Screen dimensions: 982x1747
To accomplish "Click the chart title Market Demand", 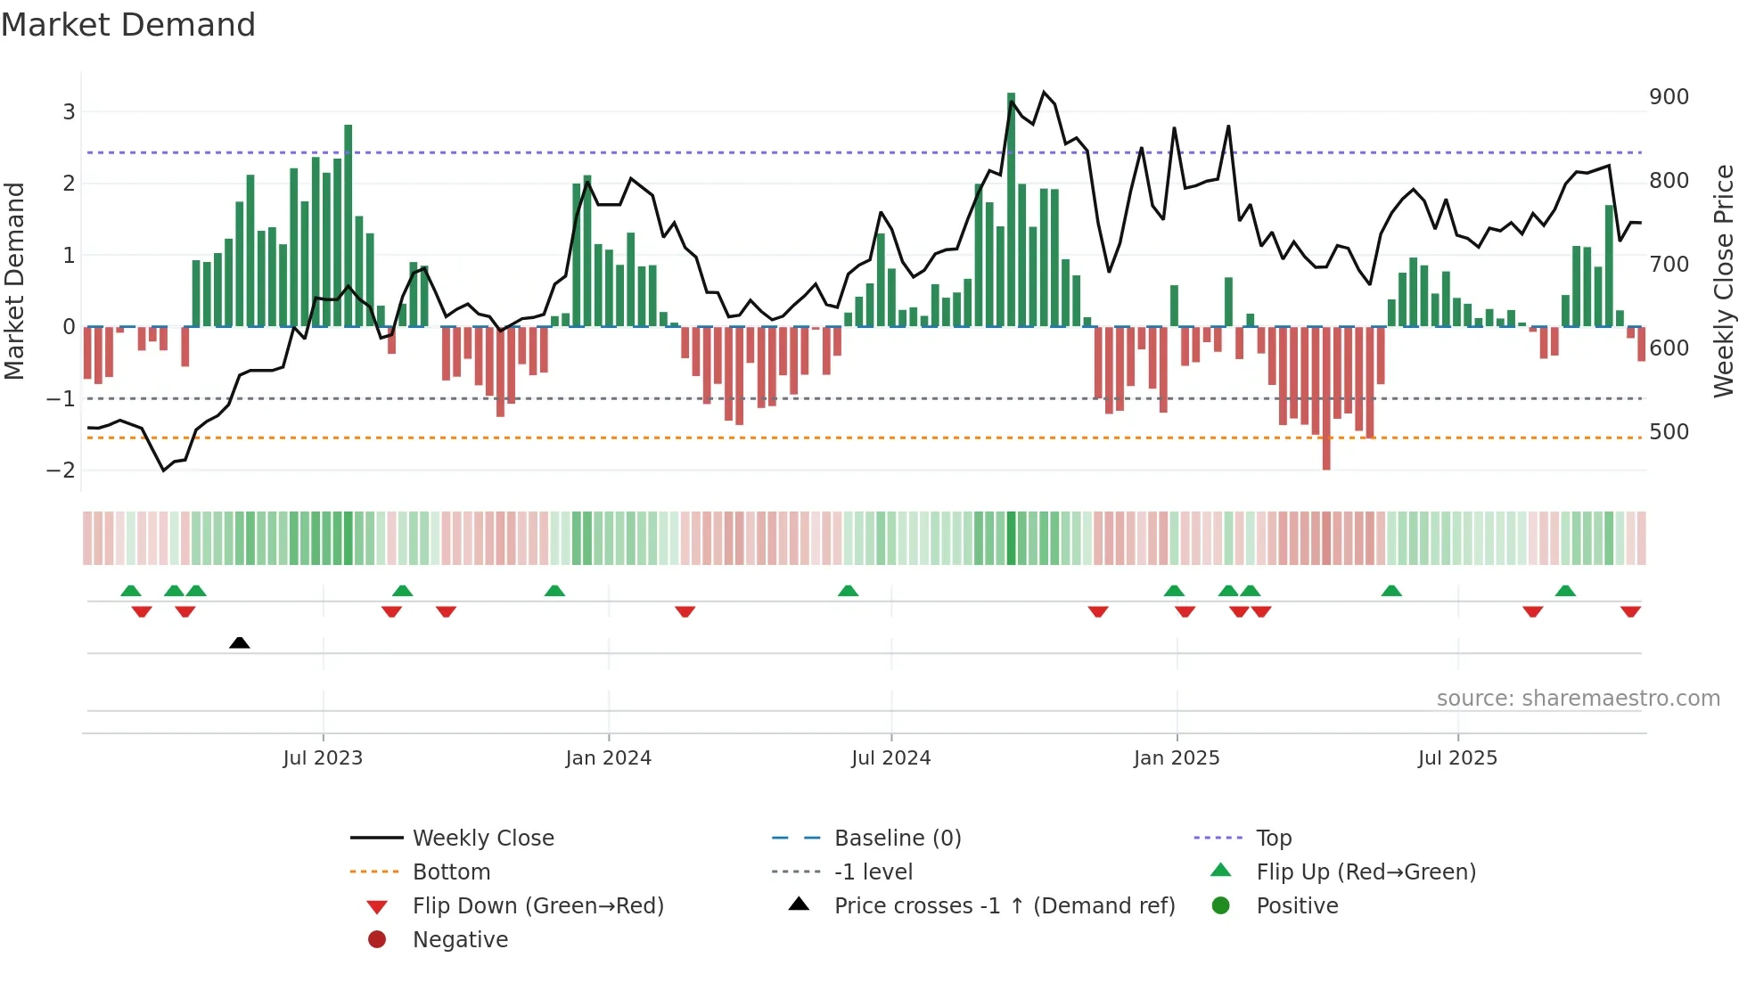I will pyautogui.click(x=128, y=25).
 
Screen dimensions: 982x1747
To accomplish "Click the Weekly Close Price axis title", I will pyautogui.click(x=1724, y=281).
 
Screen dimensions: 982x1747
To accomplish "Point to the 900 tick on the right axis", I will pyautogui.click(x=1669, y=97).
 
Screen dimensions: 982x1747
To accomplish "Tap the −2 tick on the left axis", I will pyautogui.click(x=61, y=471).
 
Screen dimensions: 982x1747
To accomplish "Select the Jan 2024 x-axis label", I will pyautogui.click(x=608, y=758).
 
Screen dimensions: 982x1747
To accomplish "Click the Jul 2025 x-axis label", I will pyautogui.click(x=1457, y=758).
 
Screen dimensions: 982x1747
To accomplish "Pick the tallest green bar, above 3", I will pyautogui.click(x=1011, y=209).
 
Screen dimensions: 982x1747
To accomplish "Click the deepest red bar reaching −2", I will pyautogui.click(x=1326, y=398).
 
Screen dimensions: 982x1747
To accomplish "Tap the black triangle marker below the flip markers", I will pyautogui.click(x=239, y=642).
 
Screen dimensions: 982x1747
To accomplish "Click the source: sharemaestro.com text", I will pyautogui.click(x=1578, y=699).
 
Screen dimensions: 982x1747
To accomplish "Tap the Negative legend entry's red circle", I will pyautogui.click(x=377, y=940).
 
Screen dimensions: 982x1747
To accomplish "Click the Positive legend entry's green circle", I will pyautogui.click(x=1221, y=906).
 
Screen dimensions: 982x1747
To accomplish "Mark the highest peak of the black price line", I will pyautogui.click(x=1044, y=92).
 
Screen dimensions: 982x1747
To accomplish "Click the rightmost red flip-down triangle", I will pyautogui.click(x=1630, y=611).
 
